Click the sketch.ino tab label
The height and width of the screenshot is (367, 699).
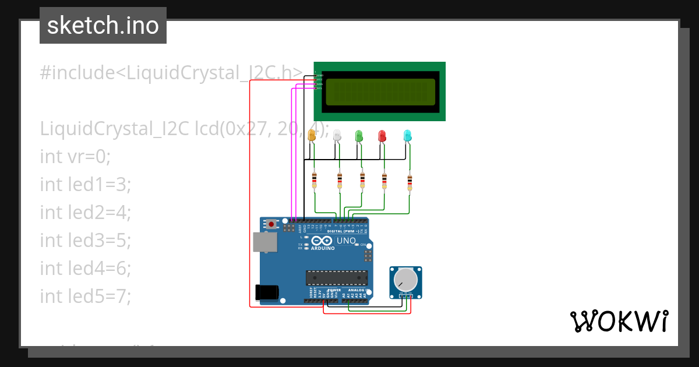(103, 26)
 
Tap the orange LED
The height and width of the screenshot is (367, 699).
(312, 135)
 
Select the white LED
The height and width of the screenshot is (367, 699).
(337, 136)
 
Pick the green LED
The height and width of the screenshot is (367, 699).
(359, 136)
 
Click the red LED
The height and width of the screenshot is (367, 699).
(382, 136)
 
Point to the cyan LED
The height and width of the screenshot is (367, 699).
(408, 136)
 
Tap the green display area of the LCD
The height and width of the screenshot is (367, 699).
(380, 91)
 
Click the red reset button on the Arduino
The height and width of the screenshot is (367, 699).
(271, 224)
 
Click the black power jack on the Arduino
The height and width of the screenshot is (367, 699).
(267, 292)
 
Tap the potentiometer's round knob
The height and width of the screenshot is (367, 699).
(405, 280)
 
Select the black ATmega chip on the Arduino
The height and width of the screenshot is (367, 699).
(337, 278)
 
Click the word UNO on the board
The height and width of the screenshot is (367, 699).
(346, 241)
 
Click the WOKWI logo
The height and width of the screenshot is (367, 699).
(619, 321)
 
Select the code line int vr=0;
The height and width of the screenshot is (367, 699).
(75, 156)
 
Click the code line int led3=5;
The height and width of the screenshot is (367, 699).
(86, 240)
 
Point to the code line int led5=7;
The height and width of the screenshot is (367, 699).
(86, 296)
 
